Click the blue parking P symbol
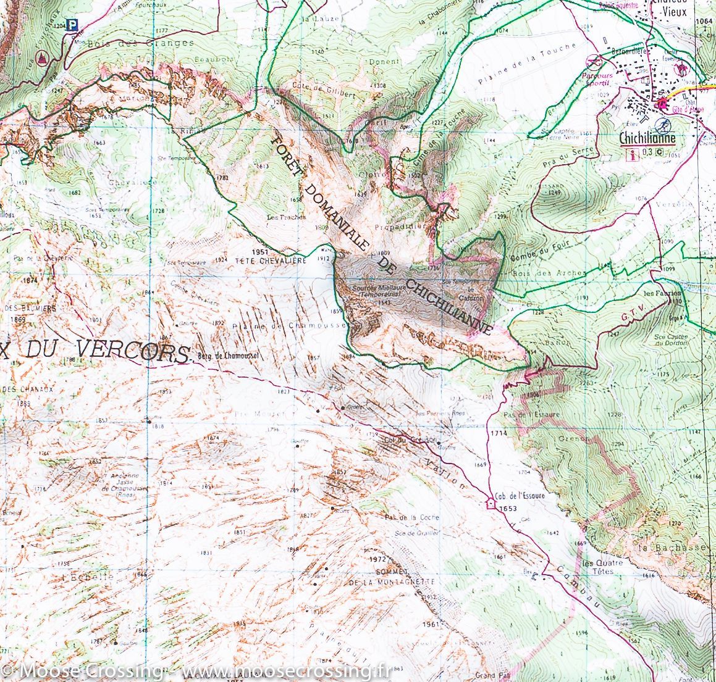coord(74,25)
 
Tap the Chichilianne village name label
coord(647,139)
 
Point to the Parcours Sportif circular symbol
coord(594,62)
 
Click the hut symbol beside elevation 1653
coord(491,502)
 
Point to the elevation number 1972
coord(377,559)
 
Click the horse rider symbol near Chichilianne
coord(683,67)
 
